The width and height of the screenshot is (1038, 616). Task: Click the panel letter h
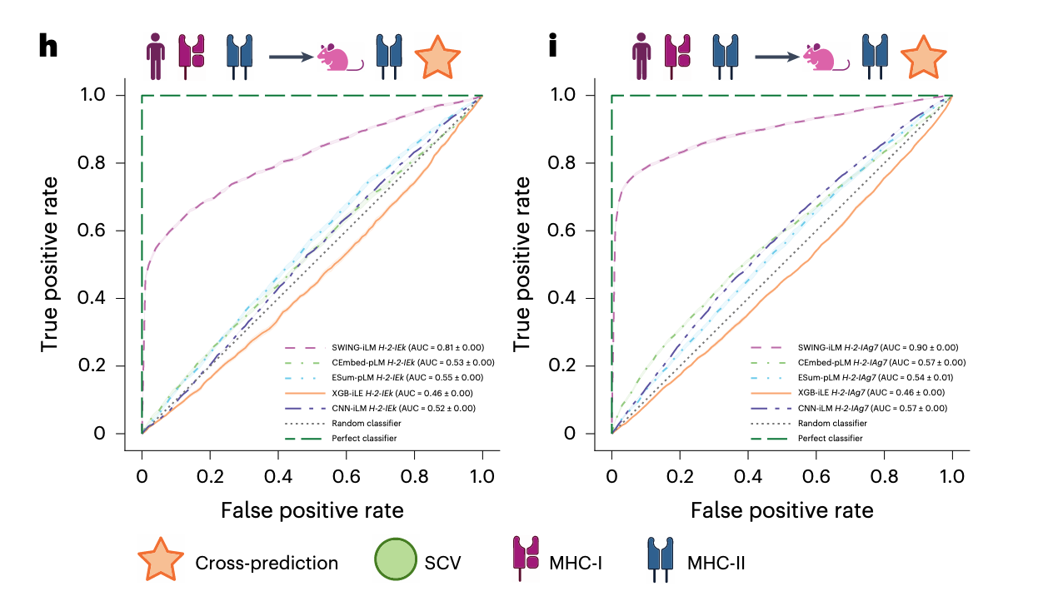point(49,47)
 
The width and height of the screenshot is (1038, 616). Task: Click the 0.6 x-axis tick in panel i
point(816,477)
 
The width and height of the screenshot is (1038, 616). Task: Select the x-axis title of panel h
point(312,509)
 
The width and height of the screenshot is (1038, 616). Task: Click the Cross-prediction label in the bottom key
point(267,563)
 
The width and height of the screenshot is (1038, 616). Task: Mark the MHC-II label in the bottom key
point(716,563)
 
